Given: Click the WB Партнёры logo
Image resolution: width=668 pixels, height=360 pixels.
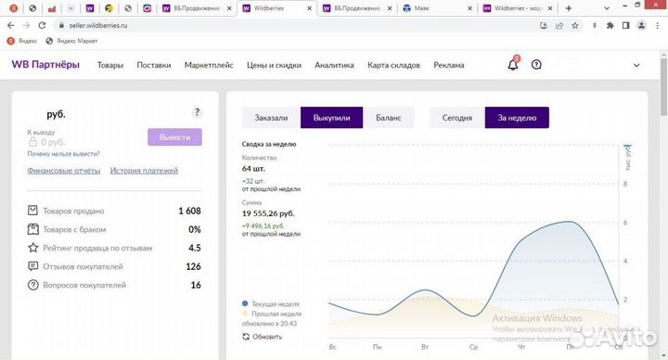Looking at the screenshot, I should (45, 65).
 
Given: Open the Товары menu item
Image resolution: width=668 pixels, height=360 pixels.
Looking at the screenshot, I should (110, 66).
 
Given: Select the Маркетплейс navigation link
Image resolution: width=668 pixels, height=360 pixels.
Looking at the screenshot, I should (209, 66).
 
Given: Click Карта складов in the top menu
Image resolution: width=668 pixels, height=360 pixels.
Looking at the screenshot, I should (393, 66).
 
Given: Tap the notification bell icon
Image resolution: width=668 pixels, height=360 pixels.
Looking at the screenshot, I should (513, 65).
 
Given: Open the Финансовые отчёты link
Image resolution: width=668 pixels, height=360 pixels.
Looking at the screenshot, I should (64, 171).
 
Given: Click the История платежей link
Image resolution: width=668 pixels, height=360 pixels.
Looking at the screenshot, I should (144, 171).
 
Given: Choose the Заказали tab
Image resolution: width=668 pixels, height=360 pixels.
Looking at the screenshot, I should (271, 118).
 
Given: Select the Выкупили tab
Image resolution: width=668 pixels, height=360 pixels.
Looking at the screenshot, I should (331, 118).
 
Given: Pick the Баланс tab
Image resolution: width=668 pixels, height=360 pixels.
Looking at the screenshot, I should (389, 118).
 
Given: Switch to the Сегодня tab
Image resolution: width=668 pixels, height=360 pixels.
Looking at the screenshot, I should (456, 118).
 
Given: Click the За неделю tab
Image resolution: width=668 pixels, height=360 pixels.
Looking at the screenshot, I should (517, 118).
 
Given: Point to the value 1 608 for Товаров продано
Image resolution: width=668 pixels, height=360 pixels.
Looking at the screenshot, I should (189, 211).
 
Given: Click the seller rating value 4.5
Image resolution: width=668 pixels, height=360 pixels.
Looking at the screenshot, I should (195, 248).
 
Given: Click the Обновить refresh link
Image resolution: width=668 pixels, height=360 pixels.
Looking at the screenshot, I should (267, 337).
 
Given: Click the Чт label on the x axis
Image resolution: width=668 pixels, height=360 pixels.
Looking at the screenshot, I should (521, 347).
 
